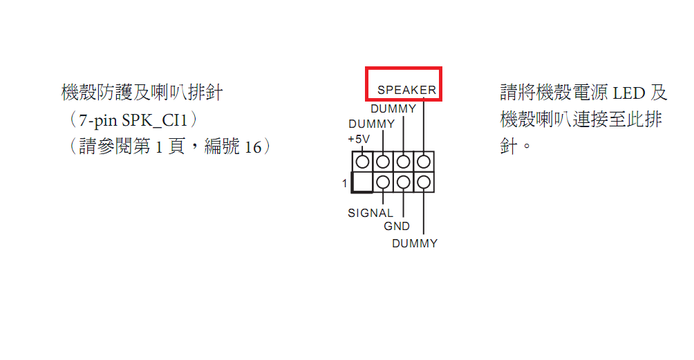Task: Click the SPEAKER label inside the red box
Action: point(406,90)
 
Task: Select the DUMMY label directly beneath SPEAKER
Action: point(393,108)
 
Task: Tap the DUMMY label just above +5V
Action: point(371,124)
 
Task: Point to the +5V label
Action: point(359,139)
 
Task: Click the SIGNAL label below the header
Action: point(371,213)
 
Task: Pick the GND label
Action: point(397,226)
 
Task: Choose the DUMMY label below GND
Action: point(415,243)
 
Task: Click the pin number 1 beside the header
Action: point(344,183)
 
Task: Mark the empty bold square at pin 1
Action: point(362,183)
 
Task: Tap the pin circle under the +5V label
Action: point(362,162)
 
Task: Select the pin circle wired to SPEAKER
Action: point(423,162)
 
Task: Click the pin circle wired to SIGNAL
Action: point(382,183)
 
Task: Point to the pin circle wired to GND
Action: point(402,183)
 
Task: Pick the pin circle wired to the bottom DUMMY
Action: point(423,183)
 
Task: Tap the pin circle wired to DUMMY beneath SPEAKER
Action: point(402,162)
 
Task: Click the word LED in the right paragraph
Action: point(628,93)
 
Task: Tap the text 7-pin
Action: point(98,120)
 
